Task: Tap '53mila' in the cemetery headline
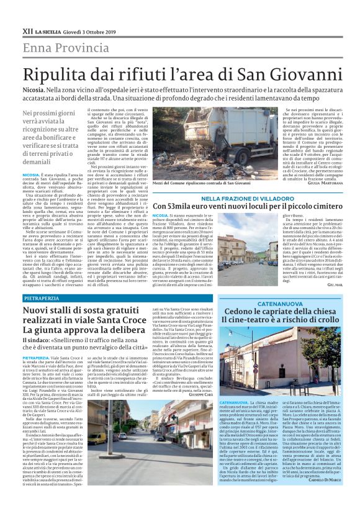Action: (183, 207)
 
